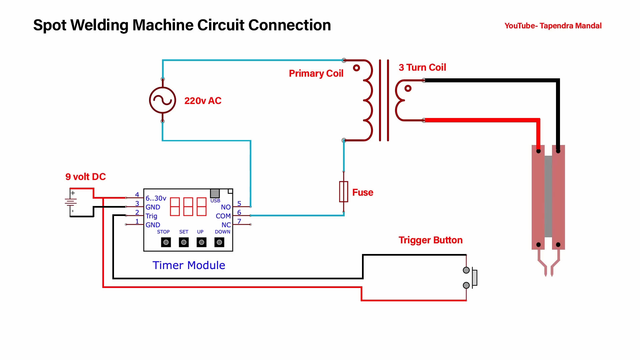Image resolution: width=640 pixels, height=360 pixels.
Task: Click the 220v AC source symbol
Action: tap(163, 100)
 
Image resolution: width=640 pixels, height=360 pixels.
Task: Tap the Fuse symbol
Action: tap(344, 192)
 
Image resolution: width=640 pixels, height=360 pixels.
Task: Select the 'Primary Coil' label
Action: tap(316, 73)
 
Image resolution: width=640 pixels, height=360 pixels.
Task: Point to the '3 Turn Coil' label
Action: tap(422, 67)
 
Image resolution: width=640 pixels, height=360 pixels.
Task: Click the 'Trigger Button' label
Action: tap(430, 240)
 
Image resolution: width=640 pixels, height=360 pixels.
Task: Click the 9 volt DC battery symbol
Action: tap(71, 202)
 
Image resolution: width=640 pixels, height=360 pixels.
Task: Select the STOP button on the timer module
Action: tap(166, 242)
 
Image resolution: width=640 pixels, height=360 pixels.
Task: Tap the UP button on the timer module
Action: tap(201, 242)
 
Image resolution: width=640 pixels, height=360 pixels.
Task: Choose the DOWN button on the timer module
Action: tap(219, 242)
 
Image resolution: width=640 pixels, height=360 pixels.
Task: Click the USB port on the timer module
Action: tap(215, 193)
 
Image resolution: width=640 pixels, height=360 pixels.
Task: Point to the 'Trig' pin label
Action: tap(151, 216)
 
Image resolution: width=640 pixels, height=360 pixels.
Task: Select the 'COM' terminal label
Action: tap(223, 216)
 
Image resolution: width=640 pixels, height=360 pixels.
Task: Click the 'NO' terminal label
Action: tap(226, 207)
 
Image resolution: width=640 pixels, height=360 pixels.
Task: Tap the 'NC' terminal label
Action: tap(226, 225)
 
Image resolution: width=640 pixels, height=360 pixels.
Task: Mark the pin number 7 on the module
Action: tap(239, 221)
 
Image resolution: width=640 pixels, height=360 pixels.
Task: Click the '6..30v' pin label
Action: tap(156, 198)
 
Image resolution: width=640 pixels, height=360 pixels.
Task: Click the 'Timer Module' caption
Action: tap(189, 265)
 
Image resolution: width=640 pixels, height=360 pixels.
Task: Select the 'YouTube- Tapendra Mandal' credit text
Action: tap(553, 26)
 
